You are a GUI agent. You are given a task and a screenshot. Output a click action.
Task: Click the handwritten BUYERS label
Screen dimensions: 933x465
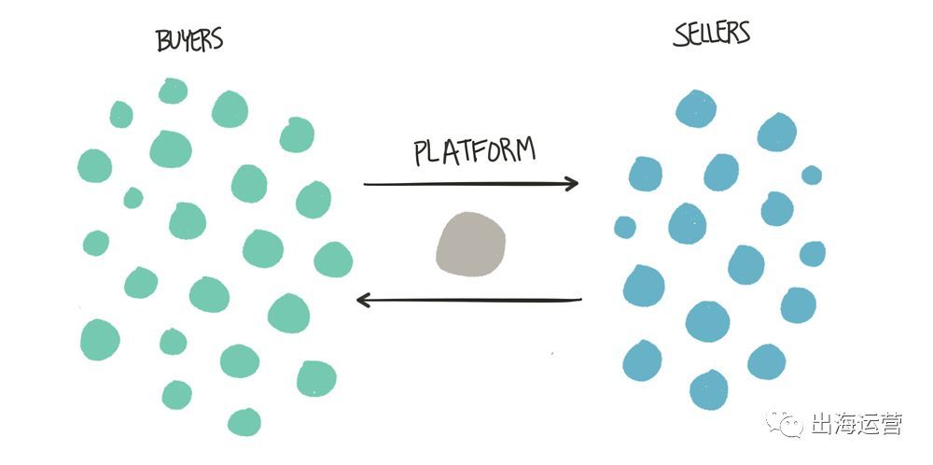(189, 40)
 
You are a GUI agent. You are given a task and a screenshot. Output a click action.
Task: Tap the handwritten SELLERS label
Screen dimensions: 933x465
(711, 35)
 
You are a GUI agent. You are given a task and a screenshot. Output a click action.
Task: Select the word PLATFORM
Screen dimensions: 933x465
(474, 151)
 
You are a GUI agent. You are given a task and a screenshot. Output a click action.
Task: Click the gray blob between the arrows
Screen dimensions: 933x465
(470, 244)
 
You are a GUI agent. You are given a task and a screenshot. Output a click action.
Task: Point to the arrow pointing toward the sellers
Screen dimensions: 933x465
(470, 183)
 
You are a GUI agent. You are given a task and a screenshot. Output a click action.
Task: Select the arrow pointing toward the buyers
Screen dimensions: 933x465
(469, 300)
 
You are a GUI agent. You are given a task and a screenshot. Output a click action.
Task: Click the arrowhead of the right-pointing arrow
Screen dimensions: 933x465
(571, 183)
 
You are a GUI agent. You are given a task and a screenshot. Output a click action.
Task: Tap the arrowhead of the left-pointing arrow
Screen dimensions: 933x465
(364, 300)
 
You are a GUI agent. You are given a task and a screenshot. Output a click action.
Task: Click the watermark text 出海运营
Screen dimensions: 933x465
(856, 424)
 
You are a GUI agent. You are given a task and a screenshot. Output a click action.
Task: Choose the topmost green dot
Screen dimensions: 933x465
(174, 91)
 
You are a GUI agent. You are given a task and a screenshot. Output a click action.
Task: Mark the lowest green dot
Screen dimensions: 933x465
(244, 421)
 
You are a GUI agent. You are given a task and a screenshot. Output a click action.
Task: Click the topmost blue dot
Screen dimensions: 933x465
(696, 108)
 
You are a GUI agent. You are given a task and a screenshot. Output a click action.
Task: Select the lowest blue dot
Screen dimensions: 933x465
(709, 390)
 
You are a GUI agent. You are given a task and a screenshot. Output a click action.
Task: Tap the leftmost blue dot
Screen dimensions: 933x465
(625, 227)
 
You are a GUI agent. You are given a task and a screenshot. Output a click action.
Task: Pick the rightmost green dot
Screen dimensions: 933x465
(333, 260)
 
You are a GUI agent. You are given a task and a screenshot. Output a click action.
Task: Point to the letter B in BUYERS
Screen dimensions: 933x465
(161, 41)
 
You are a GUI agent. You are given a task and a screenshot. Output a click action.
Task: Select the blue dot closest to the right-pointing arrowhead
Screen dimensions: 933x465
(646, 174)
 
